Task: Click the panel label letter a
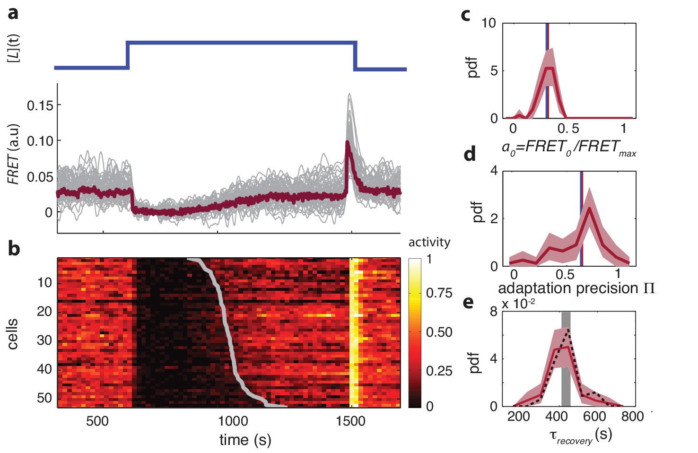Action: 13,13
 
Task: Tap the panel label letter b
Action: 14,248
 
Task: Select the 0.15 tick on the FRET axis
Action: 40,105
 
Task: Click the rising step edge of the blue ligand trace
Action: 127,55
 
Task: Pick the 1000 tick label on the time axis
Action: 233,421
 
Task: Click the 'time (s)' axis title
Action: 245,440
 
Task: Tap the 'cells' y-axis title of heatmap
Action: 13,334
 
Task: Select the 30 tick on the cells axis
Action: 44,340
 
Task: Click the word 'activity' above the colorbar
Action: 429,242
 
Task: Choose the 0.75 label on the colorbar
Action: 439,293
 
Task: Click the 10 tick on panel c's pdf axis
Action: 489,23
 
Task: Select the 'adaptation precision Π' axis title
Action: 576,288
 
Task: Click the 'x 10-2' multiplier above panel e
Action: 518,304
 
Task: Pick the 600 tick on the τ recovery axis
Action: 594,417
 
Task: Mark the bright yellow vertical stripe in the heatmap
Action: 354,331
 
